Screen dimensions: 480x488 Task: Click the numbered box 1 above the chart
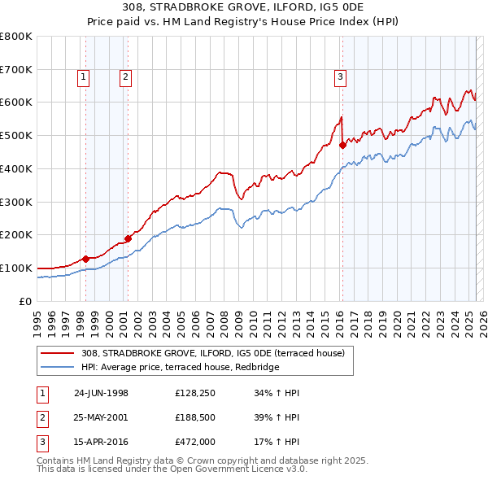pos(85,77)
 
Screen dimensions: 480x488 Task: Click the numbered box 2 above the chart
pos(126,77)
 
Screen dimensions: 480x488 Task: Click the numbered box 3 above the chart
pos(340,77)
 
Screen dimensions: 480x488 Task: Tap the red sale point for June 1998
pos(85,258)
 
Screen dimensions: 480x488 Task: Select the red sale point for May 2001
pos(128,238)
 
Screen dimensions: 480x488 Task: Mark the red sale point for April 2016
pos(342,145)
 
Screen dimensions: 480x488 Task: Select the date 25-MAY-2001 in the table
pos(102,418)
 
